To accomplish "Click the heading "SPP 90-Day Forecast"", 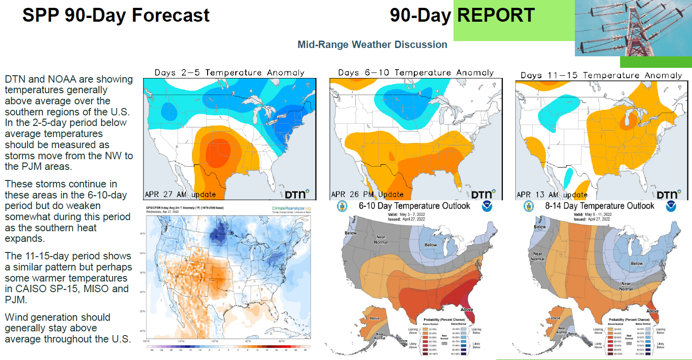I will [x=116, y=15].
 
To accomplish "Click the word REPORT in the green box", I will [x=496, y=15].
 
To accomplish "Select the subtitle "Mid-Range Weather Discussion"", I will [x=372, y=45].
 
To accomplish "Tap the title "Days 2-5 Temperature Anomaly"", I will [x=229, y=72].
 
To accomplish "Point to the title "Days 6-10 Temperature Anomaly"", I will [x=416, y=72].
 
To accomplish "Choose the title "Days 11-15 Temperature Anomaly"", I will [x=601, y=75].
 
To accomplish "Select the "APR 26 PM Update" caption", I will [x=367, y=194].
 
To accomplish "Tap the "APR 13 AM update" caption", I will [x=552, y=195].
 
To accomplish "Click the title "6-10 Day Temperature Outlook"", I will [x=414, y=206].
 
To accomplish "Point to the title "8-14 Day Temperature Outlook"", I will [x=598, y=206].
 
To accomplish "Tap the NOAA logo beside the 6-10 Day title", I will [x=487, y=206].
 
